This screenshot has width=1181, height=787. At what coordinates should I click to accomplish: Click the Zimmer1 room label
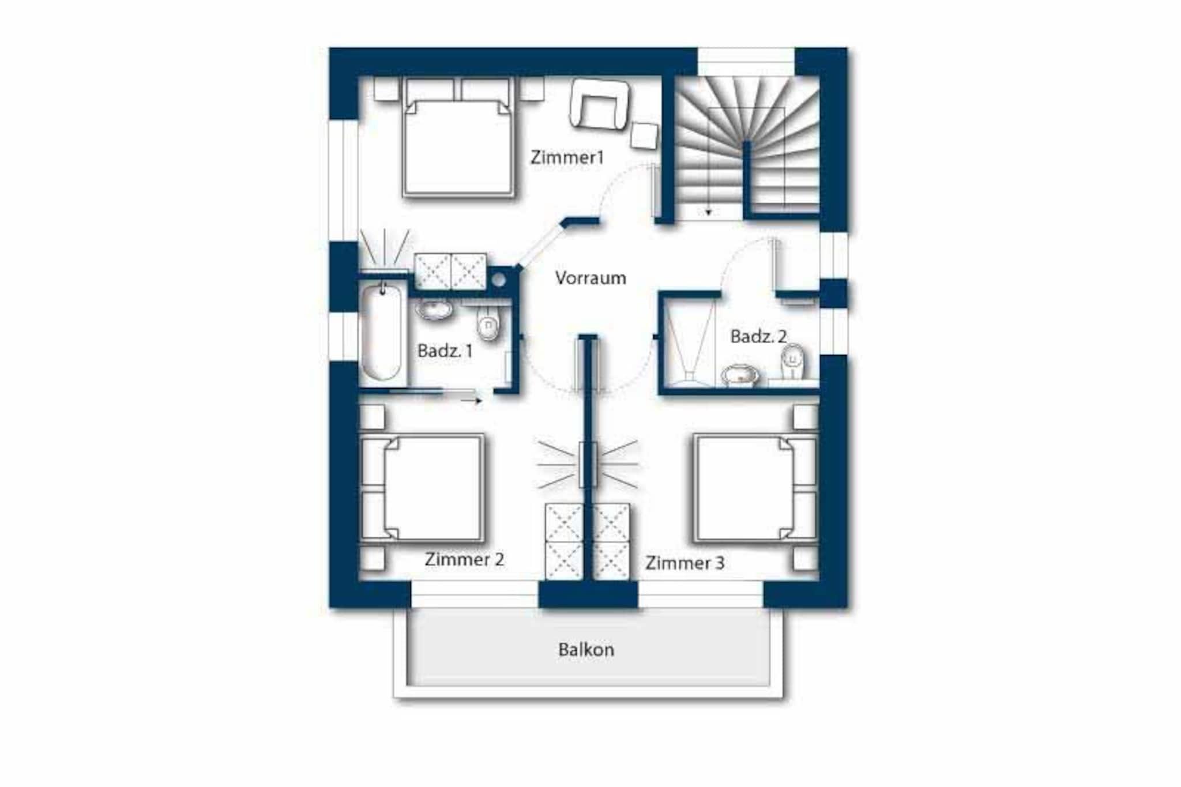(567, 157)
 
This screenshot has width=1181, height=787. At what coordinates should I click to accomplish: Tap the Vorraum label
(590, 278)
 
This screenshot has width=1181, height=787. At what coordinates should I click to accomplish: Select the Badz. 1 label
(445, 351)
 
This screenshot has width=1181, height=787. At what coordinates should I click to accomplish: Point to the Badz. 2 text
(758, 336)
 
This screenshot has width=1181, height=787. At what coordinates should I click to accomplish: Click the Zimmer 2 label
(464, 559)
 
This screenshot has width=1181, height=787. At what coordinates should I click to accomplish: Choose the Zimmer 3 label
(684, 563)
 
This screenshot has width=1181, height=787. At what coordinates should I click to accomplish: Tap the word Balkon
(586, 650)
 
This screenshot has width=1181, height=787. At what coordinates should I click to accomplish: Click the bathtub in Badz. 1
(381, 332)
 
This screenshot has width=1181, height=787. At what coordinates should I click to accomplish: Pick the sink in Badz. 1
(434, 310)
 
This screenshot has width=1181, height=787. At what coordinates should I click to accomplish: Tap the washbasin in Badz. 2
(739, 375)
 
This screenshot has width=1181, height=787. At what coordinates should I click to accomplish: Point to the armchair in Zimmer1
(600, 105)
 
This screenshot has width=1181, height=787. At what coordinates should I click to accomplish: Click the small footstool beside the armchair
(644, 136)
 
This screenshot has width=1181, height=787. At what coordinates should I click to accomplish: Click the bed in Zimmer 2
(422, 488)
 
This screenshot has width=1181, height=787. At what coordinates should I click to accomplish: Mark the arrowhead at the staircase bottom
(708, 213)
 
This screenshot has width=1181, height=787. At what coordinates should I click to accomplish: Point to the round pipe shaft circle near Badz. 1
(499, 280)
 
